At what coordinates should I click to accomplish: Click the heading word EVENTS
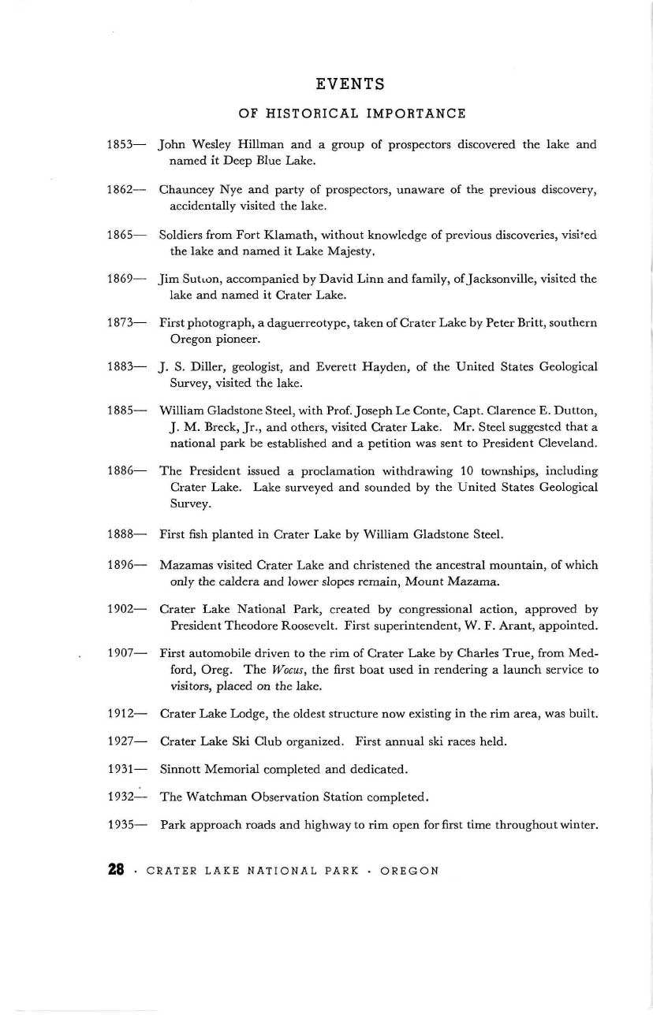[x=349, y=83]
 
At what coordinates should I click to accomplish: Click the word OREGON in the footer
[x=409, y=871]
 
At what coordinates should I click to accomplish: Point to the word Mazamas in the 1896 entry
[x=187, y=565]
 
